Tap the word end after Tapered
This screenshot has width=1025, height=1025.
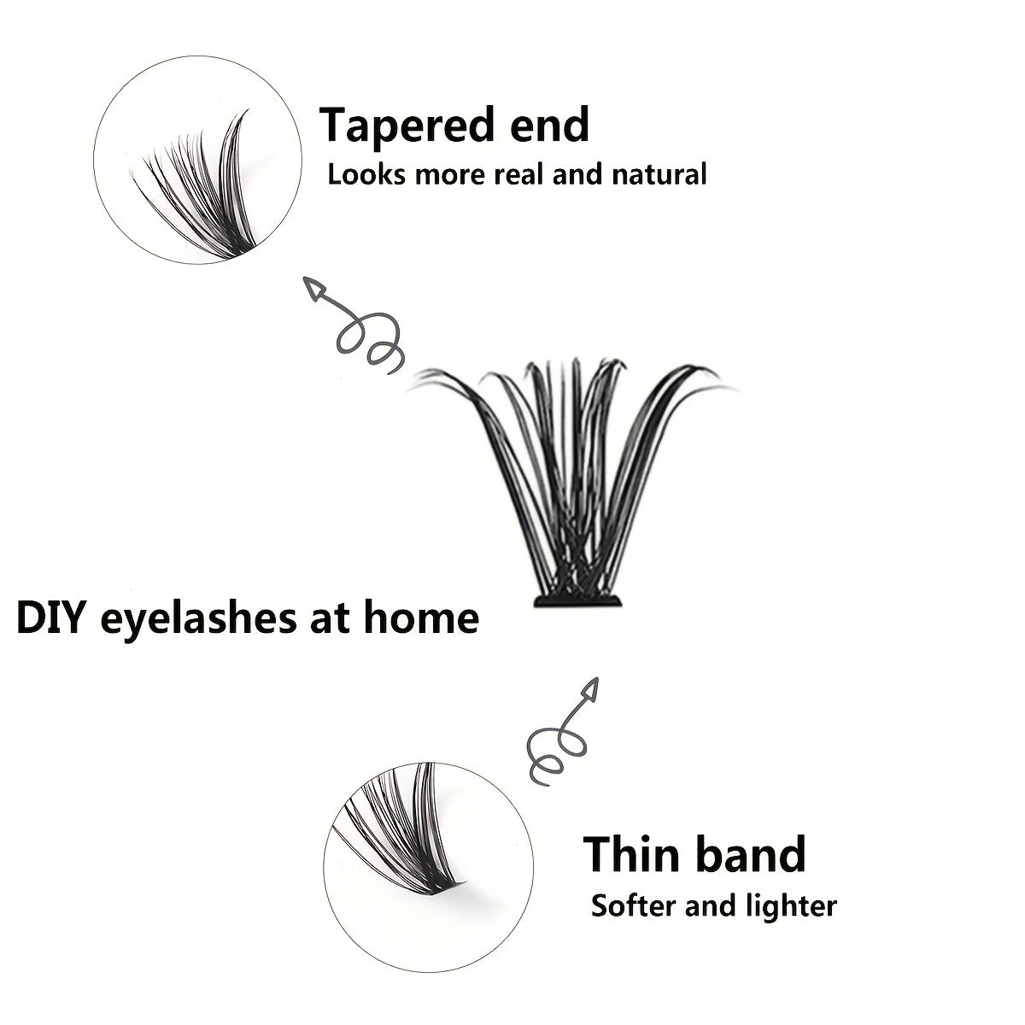[547, 125]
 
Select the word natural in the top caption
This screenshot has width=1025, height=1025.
[659, 175]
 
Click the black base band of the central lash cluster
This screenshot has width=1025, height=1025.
[578, 603]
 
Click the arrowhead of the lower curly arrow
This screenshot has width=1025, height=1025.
[588, 692]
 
